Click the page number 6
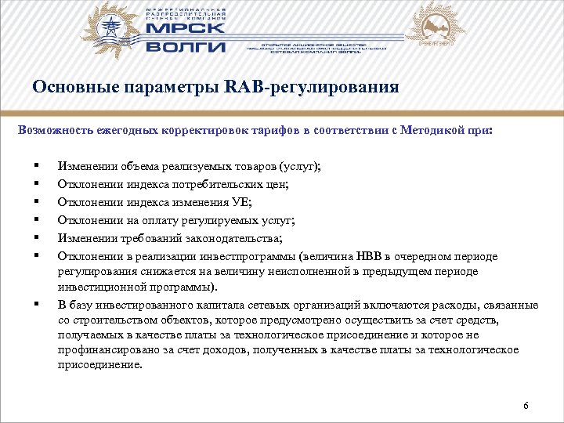[x=526, y=405]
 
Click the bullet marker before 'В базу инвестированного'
[x=37, y=303]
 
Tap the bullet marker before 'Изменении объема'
[x=37, y=167]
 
